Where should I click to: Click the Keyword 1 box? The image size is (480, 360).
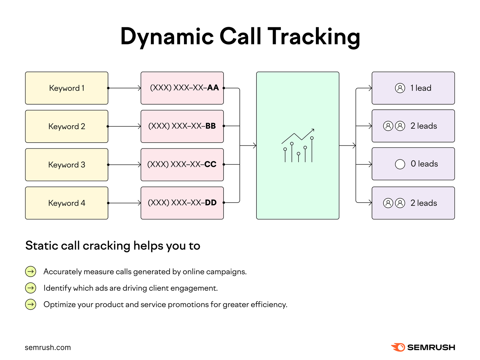67,88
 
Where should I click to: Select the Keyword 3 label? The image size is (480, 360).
67,165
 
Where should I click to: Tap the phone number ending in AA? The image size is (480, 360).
184,88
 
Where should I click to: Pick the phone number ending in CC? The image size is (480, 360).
182,165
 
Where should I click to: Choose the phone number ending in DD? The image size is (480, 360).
182,203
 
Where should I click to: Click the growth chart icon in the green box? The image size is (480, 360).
298,146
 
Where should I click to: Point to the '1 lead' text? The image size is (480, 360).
421,88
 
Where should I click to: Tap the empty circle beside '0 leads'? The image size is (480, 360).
400,164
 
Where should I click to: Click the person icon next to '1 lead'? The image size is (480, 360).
400,88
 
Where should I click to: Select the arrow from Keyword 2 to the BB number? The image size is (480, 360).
124,126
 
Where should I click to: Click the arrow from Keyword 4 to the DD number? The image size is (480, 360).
124,203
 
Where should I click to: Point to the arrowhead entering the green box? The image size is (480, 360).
254,146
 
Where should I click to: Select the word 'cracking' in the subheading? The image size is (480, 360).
106,246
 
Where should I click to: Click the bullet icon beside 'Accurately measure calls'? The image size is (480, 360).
31,272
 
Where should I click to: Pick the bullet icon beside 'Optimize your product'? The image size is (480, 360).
31,305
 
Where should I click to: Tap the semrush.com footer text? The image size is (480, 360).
48,348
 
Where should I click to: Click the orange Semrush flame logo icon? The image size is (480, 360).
398,347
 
